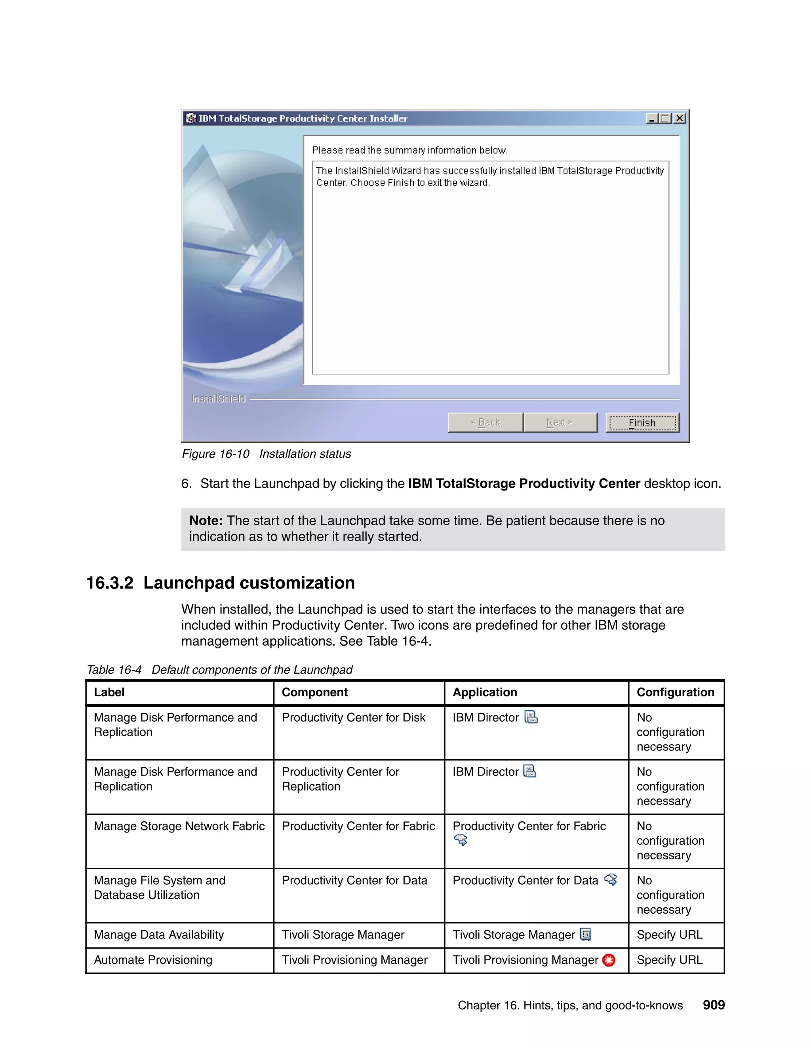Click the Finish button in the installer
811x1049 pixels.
[642, 423]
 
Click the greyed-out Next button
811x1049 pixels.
[560, 422]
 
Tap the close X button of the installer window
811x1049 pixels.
[680, 118]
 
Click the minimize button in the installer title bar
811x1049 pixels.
[652, 118]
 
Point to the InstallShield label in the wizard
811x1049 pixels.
[219, 399]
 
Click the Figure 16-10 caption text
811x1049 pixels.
[266, 454]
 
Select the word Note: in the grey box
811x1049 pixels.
[206, 521]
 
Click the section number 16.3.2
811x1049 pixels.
[110, 583]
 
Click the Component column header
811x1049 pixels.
[315, 692]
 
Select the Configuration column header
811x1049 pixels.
[675, 692]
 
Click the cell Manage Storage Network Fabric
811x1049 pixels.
[179, 826]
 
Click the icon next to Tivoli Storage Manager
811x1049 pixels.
[586, 934]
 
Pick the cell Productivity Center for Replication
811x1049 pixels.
[340, 779]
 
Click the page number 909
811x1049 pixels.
[714, 1005]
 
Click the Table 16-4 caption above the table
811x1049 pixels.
[219, 669]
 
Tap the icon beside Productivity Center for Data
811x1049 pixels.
[610, 880]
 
